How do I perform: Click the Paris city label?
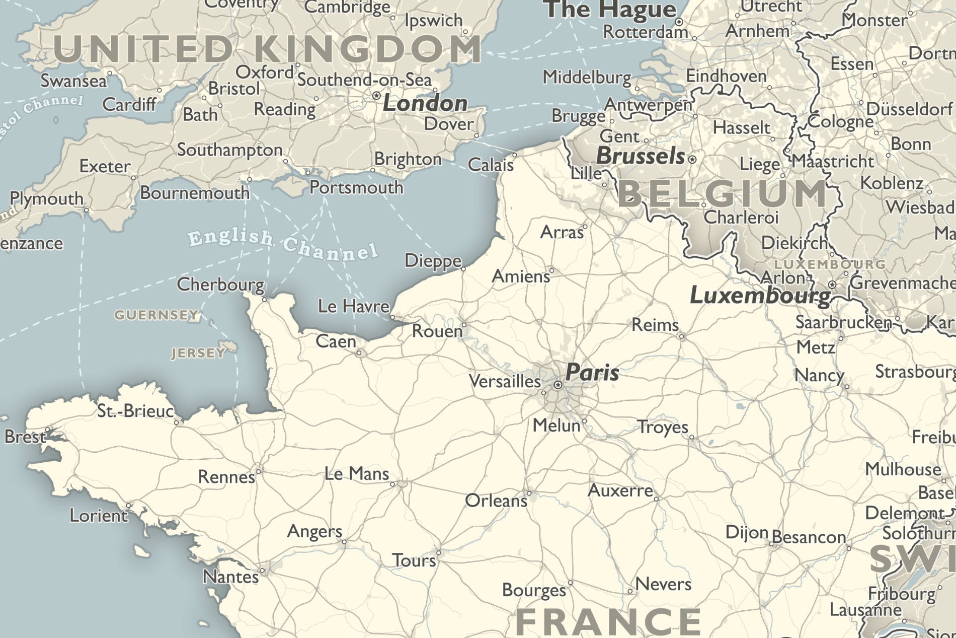click(592, 373)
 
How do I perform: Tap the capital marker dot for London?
click(376, 96)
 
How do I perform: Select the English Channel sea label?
click(283, 244)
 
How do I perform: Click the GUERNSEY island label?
click(156, 315)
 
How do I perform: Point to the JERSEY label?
click(198, 353)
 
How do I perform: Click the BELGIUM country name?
click(723, 194)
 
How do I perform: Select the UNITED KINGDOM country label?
click(267, 49)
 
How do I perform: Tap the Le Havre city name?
click(354, 306)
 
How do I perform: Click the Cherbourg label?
click(220, 285)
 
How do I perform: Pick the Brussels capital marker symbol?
click(692, 159)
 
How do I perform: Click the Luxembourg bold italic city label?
click(760, 296)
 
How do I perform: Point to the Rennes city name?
click(226, 477)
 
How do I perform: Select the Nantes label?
click(230, 577)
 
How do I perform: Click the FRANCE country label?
click(608, 622)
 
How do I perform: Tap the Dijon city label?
click(747, 532)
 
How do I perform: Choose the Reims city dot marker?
click(682, 336)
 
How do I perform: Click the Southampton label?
click(229, 150)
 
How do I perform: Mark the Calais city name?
click(491, 165)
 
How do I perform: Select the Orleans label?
click(496, 501)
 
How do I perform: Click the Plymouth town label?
click(46, 199)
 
